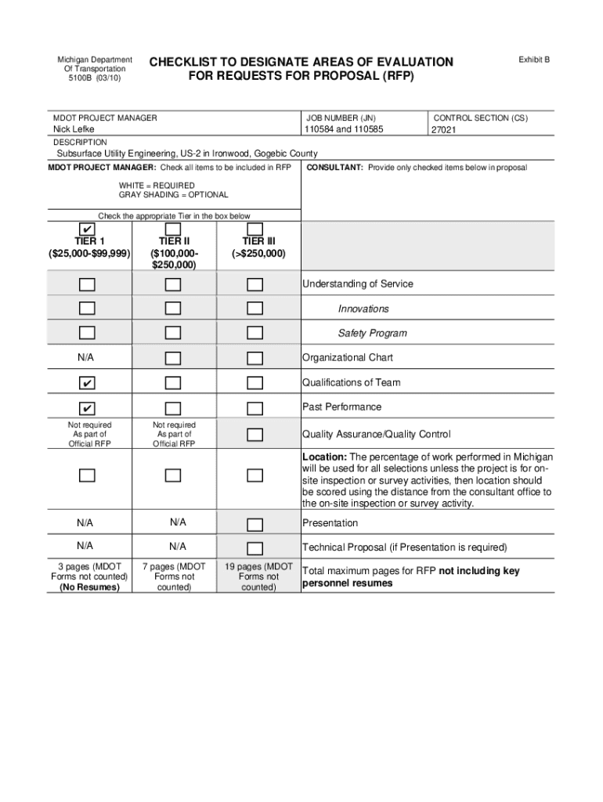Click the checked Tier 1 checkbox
click(87, 228)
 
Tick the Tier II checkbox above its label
click(173, 228)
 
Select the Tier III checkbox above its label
click(255, 228)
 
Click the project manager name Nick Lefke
click(74, 129)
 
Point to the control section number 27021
click(444, 131)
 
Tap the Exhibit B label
click(534, 60)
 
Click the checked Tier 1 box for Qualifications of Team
click(87, 383)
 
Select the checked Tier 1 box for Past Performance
click(87, 408)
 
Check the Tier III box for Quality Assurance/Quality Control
click(255, 435)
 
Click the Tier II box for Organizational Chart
click(173, 359)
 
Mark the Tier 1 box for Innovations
click(87, 309)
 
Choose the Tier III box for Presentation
click(255, 524)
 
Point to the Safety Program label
click(372, 334)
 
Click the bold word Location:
click(324, 457)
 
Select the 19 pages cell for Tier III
click(258, 577)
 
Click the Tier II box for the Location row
click(173, 475)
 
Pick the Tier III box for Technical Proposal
click(255, 548)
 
